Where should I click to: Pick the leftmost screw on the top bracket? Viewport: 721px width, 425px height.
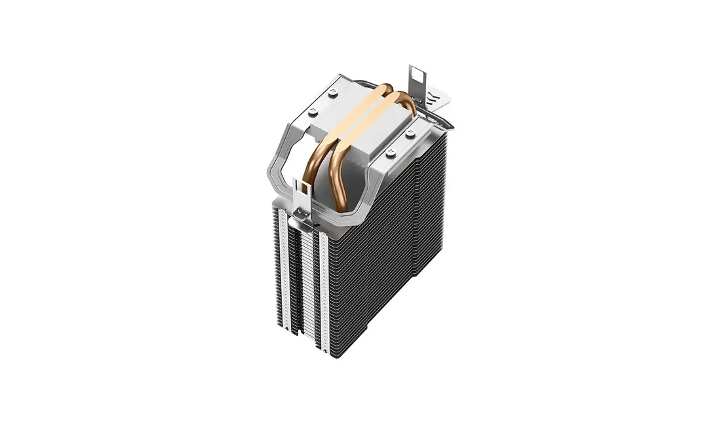coord(313,111)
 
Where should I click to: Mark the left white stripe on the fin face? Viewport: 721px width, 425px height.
coord(283,262)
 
